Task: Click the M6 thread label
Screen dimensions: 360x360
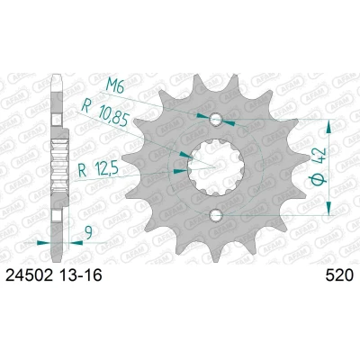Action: pos(114,87)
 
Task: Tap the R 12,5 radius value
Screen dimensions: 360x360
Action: pos(96,170)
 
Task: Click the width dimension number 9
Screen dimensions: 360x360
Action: pos(88,233)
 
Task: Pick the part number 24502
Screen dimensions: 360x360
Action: pos(29,275)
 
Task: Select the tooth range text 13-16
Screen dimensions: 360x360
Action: pos(80,275)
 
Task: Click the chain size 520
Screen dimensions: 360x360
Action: pos(339,275)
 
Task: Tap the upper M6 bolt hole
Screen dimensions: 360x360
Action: pos(216,120)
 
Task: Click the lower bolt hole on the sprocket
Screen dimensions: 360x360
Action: pos(216,215)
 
